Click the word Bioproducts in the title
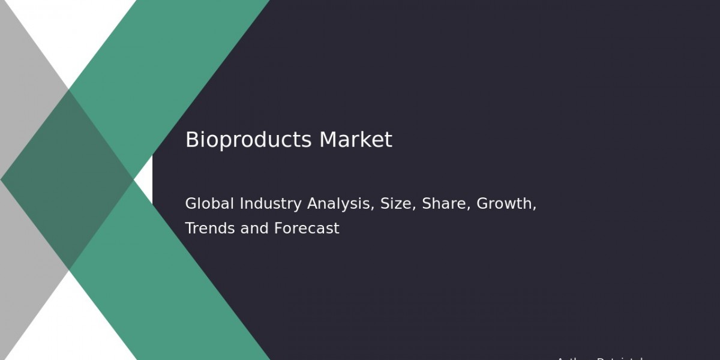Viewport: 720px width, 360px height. pos(248,140)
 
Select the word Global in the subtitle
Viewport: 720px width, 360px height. pos(210,204)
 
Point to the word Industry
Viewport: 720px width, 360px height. pos(271,204)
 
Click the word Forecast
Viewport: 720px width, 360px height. pos(307,229)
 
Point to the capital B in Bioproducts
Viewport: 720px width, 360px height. pos(191,140)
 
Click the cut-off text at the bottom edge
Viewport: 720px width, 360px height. pos(600,358)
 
